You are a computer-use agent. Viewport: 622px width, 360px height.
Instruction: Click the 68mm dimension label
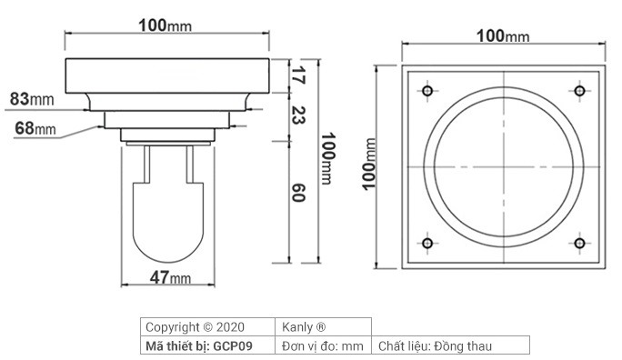pos(35,128)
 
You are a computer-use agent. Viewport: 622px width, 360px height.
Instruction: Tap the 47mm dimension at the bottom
pos(170,277)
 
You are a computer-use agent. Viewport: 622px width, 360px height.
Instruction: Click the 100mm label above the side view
pos(165,25)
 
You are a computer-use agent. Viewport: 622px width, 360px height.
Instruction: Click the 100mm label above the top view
pos(503,35)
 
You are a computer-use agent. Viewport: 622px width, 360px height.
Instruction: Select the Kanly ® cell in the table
pos(302,326)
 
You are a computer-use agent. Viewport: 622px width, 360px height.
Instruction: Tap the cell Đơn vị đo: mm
pos(322,345)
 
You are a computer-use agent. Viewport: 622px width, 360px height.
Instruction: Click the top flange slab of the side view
pos(168,74)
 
